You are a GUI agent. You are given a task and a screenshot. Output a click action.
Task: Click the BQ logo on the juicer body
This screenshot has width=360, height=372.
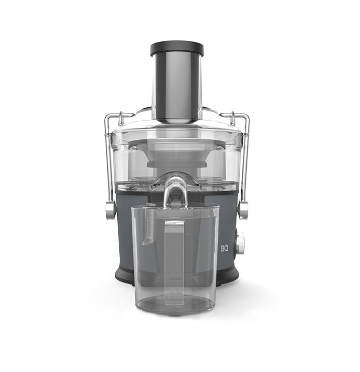pos(225,248)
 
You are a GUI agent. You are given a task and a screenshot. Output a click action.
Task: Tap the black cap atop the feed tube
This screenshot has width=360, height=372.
pos(177,48)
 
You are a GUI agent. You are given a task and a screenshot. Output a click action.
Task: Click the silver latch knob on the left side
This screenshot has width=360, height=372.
pos(110,210)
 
